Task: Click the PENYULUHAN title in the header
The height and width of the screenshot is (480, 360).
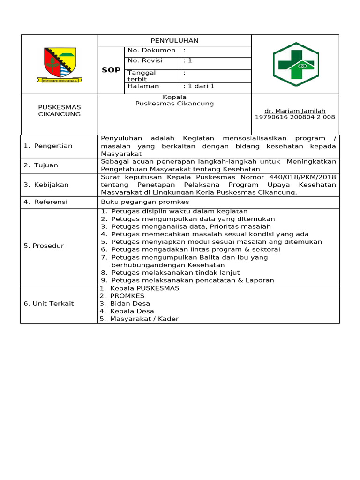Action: pos(174,41)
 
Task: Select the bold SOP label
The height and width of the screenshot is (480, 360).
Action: pos(111,70)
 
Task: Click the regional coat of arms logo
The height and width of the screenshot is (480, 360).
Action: pos(60,65)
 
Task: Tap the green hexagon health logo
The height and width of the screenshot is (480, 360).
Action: pos(295,64)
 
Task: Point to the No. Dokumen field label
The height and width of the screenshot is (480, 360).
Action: pos(151,50)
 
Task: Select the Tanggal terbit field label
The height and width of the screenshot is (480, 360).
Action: pos(142,76)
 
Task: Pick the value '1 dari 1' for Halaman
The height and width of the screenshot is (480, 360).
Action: pos(199,86)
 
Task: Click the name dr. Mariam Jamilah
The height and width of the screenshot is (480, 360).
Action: pos(295,111)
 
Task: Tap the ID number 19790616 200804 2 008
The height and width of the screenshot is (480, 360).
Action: pos(295,117)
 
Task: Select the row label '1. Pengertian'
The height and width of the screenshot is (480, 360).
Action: pos(48,146)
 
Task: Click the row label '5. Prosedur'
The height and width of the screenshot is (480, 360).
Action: pos(44,246)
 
